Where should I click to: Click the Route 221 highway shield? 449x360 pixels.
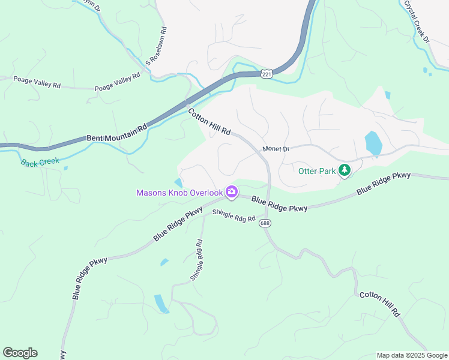[x=267, y=73]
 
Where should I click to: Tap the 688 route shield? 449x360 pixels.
[x=265, y=223]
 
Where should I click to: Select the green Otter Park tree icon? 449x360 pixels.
[x=345, y=171]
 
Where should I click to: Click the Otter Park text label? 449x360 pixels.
[x=318, y=171]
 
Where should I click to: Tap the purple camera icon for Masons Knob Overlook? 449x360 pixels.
[x=231, y=193]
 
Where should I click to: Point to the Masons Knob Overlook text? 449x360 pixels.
[x=179, y=193]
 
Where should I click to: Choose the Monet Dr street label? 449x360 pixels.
[x=276, y=149]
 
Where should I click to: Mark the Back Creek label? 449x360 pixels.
[x=40, y=162]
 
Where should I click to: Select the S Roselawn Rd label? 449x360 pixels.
[x=155, y=47]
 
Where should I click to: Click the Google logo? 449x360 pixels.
[x=20, y=353]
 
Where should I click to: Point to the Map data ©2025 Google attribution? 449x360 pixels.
[x=411, y=355]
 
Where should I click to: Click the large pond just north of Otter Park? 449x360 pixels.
[x=373, y=143]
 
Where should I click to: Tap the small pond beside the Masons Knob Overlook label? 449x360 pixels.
[x=178, y=182]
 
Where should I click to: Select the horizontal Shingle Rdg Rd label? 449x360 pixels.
[x=234, y=215]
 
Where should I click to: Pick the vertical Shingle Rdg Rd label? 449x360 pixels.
[x=196, y=260]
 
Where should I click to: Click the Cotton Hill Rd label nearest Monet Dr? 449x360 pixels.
[x=209, y=122]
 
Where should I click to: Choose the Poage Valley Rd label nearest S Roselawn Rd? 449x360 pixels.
[x=118, y=82]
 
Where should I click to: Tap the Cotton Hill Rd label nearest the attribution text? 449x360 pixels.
[x=379, y=304]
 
